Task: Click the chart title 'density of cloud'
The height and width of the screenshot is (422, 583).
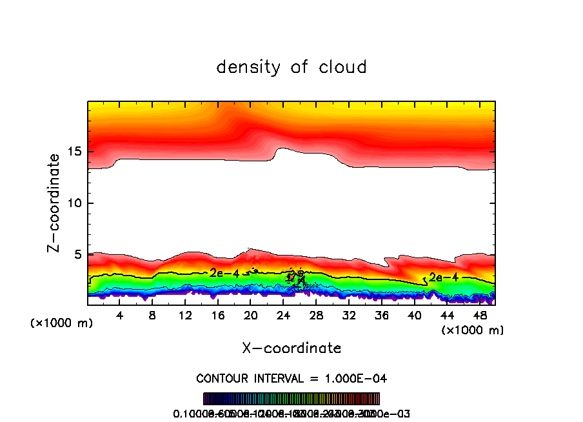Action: (291, 67)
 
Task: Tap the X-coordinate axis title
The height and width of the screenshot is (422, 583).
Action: (291, 348)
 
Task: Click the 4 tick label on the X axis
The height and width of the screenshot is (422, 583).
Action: (120, 316)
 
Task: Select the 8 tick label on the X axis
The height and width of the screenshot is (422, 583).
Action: (153, 316)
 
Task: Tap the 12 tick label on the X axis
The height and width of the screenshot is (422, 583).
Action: (185, 316)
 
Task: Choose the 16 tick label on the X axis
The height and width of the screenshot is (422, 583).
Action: (218, 316)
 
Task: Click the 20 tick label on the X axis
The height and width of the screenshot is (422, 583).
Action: (250, 316)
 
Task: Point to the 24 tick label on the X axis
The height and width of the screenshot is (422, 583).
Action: (283, 316)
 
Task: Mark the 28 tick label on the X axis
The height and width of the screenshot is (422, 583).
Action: (316, 316)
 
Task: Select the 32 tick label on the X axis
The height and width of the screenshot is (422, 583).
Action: (348, 316)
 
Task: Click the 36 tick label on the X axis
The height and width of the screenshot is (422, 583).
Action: (381, 316)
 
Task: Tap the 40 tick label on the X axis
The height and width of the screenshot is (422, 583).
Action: (413, 316)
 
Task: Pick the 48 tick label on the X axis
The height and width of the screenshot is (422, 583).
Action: (479, 316)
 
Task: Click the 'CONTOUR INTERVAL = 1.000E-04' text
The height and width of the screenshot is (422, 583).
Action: (291, 378)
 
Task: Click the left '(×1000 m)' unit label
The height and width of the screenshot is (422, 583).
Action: (62, 323)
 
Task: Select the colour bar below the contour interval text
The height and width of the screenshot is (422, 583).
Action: (291, 399)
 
